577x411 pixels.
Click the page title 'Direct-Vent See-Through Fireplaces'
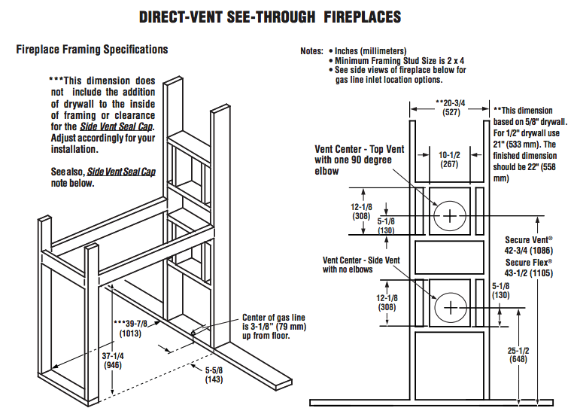coord(270,16)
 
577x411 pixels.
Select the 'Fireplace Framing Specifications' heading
coord(92,50)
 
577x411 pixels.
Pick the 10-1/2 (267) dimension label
coord(449,160)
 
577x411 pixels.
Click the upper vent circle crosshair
coord(450,215)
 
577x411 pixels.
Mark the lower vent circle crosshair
coord(450,307)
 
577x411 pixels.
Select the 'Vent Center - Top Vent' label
coord(360,160)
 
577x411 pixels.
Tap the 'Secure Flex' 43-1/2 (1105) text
coord(529,267)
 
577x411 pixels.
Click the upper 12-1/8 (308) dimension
coord(364,210)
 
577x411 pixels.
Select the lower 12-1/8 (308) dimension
coord(364,303)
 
